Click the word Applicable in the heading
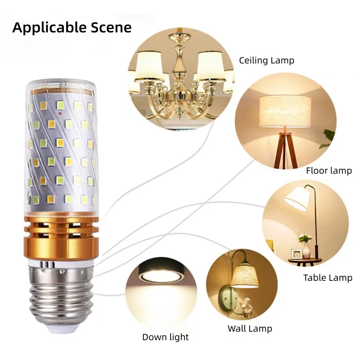49,28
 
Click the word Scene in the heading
111,27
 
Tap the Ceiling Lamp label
266,60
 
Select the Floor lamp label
329,171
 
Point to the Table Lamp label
328,278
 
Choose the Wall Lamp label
250,328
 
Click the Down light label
165,337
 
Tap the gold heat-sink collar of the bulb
62,237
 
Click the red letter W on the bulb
60,113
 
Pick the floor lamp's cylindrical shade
285,112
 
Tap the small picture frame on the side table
296,254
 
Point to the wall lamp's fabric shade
244,277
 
